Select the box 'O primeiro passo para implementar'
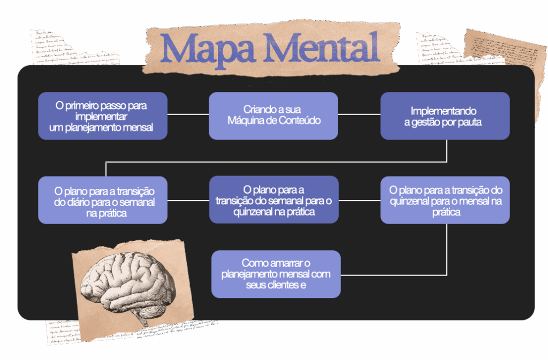103,116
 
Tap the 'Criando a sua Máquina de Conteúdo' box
273,116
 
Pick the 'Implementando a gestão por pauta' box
445,116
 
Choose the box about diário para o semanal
103,200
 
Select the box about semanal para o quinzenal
273,200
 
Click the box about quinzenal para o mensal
445,200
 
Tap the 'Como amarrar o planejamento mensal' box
276,274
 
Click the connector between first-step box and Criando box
188,114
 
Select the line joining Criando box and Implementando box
359,114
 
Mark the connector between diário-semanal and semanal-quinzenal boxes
188,200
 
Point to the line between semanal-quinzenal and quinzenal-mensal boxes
359,200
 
